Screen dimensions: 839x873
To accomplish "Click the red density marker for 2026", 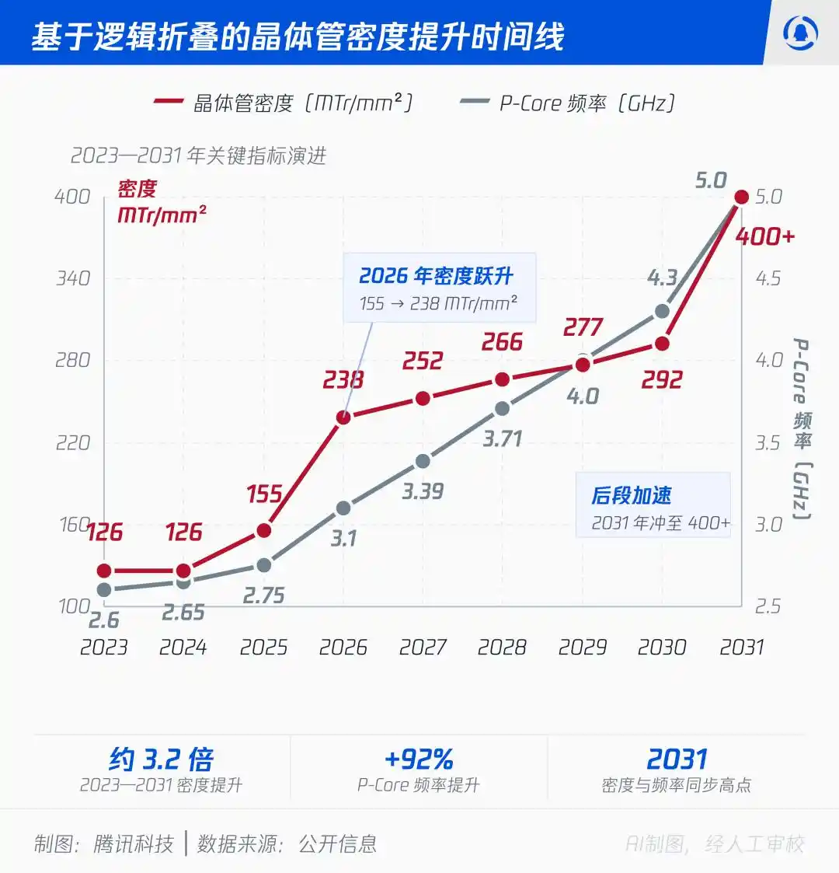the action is pos(343,417).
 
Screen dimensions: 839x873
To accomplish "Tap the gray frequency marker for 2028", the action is pos(502,409).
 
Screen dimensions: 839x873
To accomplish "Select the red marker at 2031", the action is pos(742,197).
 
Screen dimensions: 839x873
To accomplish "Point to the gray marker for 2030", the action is pos(662,311).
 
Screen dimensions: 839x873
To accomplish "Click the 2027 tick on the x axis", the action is pos(423,647).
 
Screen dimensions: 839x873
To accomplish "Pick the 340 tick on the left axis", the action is pos(73,278).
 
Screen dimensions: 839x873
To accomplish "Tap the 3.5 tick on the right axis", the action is pos(768,443).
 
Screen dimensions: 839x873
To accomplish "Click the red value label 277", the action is pos(583,327).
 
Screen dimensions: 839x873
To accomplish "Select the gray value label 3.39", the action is pos(423,491).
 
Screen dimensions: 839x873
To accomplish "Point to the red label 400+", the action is pos(765,236).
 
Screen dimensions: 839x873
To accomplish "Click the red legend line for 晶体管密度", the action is pos(168,101).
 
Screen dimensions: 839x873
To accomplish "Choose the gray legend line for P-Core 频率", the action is pos(475,101).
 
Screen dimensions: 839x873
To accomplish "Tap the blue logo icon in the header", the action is pos(801,33).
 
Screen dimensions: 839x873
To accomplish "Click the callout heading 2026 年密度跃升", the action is pos(436,276).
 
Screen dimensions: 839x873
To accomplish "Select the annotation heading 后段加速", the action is pos(631,495).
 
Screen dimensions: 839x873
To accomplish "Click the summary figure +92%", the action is pos(419,758).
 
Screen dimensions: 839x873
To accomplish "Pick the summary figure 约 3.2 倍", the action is pos(162,758).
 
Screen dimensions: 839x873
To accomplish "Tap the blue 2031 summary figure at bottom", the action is pos(677,758).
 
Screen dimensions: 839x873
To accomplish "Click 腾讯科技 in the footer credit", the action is pos(134,844).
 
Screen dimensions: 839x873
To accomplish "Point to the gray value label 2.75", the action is pos(263,595).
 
